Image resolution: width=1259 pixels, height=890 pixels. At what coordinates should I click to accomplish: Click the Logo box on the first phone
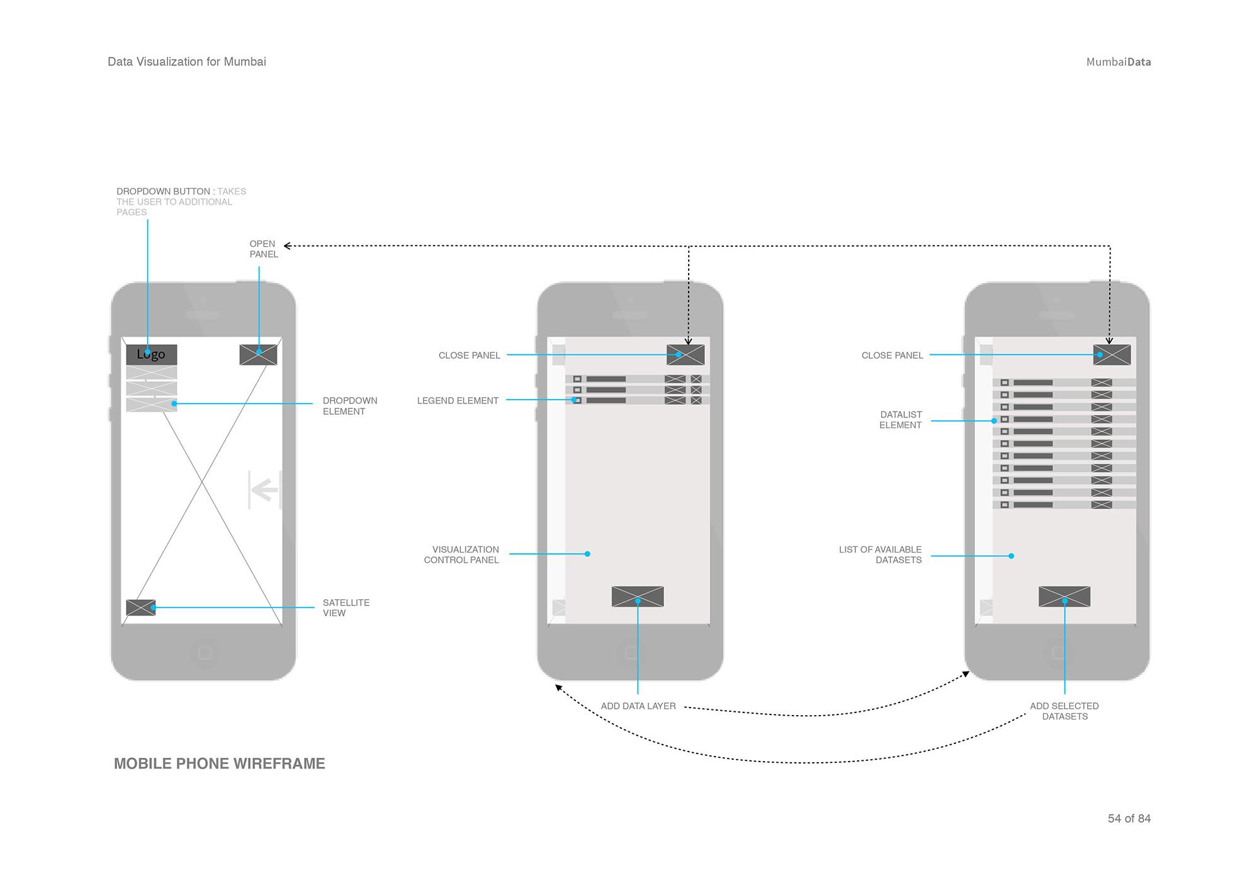tap(151, 354)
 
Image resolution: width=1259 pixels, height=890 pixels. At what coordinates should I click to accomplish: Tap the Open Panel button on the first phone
tap(258, 354)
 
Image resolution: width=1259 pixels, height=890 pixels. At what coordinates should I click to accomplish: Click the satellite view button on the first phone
tap(140, 607)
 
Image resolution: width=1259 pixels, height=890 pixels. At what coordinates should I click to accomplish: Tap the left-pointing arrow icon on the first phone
tap(265, 489)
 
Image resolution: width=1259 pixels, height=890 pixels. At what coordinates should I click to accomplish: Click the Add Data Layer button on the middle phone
tap(637, 596)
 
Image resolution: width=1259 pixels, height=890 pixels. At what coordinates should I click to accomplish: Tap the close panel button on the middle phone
tap(685, 354)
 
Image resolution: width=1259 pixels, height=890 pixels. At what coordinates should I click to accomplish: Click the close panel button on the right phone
tap(1112, 354)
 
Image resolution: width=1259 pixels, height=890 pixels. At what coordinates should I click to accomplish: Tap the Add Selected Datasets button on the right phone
tap(1064, 596)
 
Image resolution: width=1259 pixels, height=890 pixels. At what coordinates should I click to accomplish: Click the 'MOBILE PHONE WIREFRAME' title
tap(219, 763)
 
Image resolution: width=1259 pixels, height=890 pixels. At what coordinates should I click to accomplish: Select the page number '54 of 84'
tap(1129, 818)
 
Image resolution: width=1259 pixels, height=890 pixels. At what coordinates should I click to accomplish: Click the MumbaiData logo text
tap(1118, 62)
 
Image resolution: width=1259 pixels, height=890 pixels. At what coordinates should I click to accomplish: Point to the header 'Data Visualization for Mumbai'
tap(187, 62)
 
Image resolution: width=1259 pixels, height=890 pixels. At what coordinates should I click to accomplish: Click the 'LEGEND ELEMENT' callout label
tap(458, 400)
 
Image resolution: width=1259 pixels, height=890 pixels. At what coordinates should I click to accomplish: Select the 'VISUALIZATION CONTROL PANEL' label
tap(462, 555)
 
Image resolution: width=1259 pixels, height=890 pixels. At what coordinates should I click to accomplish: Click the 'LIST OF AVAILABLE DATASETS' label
tap(881, 555)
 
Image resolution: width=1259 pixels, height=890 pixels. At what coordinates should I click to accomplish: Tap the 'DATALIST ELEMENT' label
tap(900, 420)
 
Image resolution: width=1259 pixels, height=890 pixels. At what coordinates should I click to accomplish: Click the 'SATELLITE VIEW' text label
tap(346, 607)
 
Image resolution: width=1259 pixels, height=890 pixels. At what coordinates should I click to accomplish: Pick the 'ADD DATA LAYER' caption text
tap(638, 706)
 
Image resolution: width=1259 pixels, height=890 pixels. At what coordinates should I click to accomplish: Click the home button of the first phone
tap(204, 653)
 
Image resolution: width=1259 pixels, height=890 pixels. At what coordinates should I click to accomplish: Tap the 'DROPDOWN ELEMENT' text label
tap(349, 406)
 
